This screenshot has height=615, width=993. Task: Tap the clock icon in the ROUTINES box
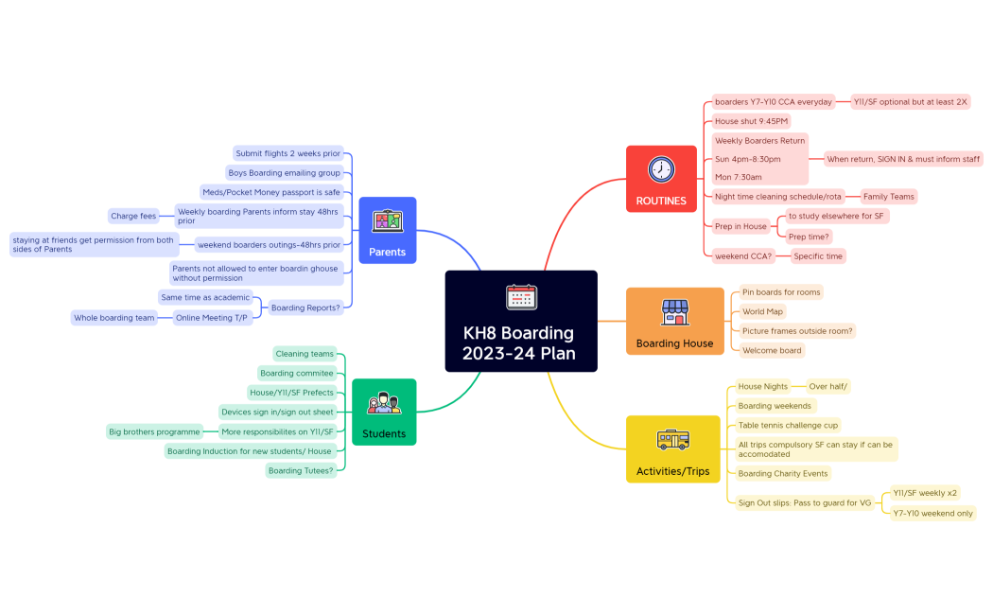click(661, 169)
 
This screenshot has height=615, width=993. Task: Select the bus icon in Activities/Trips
click(672, 440)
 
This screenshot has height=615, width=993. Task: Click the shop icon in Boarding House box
click(674, 311)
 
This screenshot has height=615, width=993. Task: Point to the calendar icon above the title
click(521, 296)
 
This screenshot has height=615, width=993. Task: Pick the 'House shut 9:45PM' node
click(751, 121)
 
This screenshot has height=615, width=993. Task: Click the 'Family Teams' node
click(888, 197)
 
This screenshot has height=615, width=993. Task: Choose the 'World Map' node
click(762, 311)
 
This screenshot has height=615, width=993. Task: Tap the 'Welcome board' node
click(772, 350)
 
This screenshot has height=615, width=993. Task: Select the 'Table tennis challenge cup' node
click(788, 426)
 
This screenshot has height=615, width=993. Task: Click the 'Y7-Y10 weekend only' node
click(932, 513)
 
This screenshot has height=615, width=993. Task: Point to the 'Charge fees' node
click(133, 216)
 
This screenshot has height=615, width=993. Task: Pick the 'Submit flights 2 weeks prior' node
click(287, 153)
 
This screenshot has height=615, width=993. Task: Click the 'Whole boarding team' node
click(114, 318)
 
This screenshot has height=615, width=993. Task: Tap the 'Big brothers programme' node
click(154, 431)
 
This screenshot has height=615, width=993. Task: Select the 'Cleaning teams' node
click(305, 354)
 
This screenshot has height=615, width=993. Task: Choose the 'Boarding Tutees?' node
click(301, 470)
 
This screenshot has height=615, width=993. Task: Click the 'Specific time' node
click(818, 256)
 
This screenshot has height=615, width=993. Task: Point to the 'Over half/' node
click(828, 386)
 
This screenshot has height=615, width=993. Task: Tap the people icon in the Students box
click(384, 403)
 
